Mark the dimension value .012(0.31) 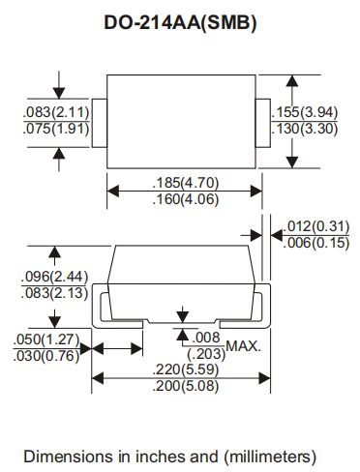(x=315, y=226)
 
